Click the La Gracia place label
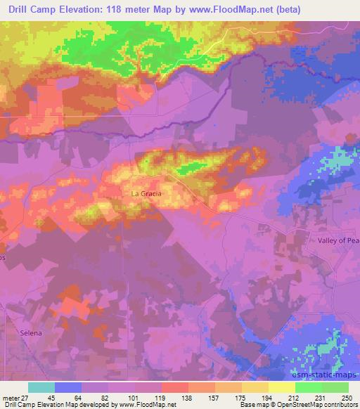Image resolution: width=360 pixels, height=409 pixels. click(x=146, y=193)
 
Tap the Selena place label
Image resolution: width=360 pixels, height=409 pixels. click(x=31, y=333)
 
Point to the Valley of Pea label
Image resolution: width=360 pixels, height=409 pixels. click(x=338, y=240)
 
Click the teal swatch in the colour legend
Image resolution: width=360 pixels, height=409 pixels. click(x=41, y=387)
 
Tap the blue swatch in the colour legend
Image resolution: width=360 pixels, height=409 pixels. click(x=68, y=387)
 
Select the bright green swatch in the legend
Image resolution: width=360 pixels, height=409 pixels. click(x=309, y=387)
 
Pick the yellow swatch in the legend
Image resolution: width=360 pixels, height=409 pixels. click(x=282, y=387)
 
